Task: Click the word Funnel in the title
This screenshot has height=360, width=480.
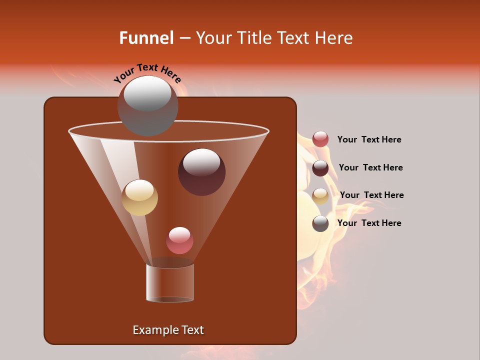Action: pos(146,38)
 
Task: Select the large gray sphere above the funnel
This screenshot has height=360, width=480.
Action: pos(147,106)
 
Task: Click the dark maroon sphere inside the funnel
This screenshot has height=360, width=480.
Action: pos(201,172)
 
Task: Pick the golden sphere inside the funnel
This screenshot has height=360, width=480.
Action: pos(139,197)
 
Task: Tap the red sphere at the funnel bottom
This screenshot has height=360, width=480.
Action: pos(179,240)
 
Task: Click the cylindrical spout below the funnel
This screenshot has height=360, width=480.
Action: pos(170,283)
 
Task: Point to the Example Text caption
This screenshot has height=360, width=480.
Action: pos(168,330)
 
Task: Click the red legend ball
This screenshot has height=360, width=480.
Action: pos(320,139)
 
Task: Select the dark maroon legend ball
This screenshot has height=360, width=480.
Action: pos(320,168)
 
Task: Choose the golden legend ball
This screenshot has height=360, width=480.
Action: pos(320,196)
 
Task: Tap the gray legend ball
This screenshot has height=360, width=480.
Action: pos(320,223)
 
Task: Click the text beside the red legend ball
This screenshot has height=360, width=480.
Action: pos(369,139)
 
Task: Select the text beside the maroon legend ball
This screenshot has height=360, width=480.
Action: pos(370,167)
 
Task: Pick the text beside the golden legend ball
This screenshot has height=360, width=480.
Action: pos(371,195)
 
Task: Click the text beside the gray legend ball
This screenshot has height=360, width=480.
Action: pos(369,223)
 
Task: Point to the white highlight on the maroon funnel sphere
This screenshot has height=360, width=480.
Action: pos(201,162)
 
